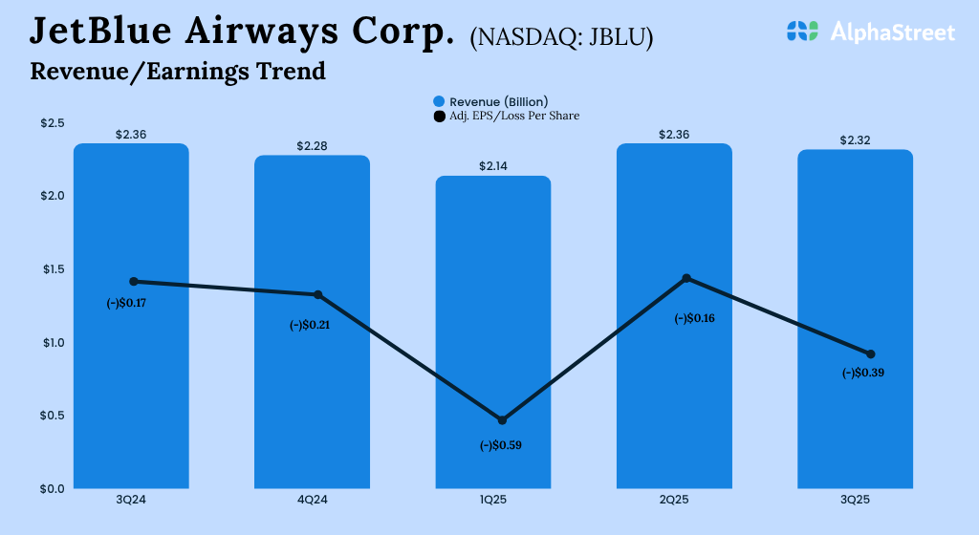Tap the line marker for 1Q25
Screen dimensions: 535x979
[502, 420]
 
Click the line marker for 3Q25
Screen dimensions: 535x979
[870, 354]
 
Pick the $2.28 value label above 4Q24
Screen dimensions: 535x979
[312, 146]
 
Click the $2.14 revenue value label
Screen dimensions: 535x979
[493, 166]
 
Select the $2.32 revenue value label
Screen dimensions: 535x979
[856, 140]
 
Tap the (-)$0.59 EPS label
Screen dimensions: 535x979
[502, 445]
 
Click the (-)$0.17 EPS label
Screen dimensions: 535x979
[133, 303]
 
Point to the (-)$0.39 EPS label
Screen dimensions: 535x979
[863, 374]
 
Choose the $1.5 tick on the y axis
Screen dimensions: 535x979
[52, 269]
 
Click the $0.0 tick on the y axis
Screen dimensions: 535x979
[52, 489]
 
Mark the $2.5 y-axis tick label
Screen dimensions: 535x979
[52, 123]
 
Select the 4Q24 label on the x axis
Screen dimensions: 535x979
[312, 500]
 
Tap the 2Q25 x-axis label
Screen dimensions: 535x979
[674, 500]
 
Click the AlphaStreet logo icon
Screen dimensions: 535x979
[804, 32]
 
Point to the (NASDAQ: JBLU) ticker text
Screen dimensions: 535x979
[561, 38]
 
